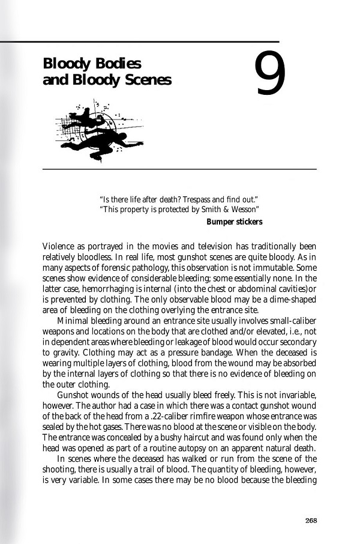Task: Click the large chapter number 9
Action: pyautogui.click(x=270, y=74)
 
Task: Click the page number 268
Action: pyautogui.click(x=310, y=520)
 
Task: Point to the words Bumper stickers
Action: pyautogui.click(x=234, y=222)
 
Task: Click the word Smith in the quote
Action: pyautogui.click(x=208, y=209)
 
